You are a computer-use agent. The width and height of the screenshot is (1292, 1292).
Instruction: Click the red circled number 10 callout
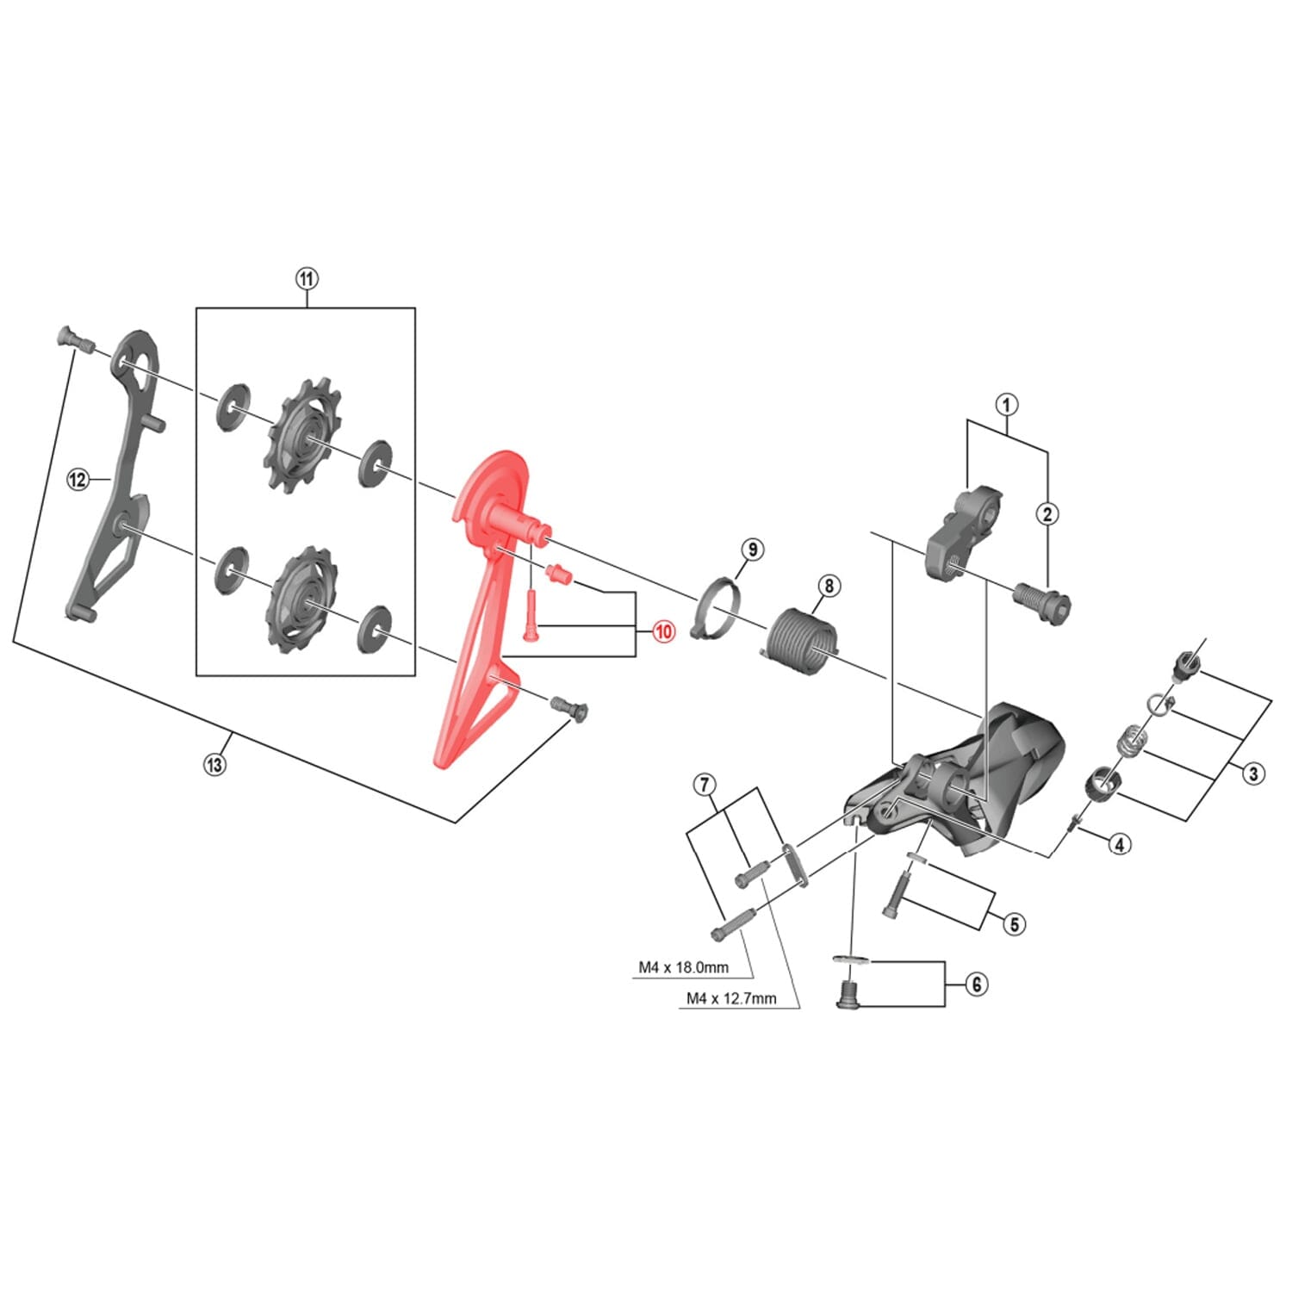[663, 631]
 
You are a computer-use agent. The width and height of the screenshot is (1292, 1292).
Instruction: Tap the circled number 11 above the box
[307, 279]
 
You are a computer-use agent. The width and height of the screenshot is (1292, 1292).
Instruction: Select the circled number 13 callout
[214, 764]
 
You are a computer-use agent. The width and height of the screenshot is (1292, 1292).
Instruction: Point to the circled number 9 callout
[751, 550]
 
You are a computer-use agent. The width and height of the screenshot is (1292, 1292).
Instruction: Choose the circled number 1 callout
[1006, 404]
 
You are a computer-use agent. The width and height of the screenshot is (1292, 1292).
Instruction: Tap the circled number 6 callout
[976, 984]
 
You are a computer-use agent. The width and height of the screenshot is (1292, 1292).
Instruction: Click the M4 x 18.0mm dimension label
[683, 967]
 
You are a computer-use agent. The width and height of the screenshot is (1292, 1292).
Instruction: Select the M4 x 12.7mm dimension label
[731, 998]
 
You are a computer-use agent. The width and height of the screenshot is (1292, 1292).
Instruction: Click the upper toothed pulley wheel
[302, 437]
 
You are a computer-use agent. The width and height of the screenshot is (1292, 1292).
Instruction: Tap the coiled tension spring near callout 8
[801, 642]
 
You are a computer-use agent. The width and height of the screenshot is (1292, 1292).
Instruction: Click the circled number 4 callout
[1118, 844]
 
